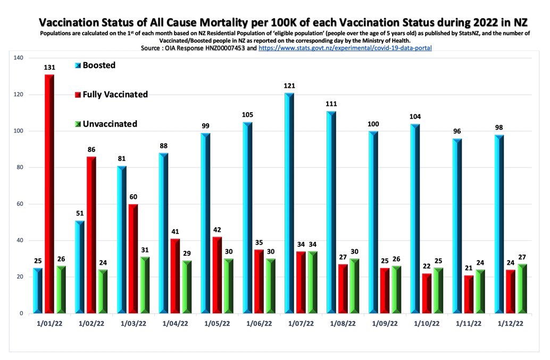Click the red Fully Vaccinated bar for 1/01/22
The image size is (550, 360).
[x=49, y=194]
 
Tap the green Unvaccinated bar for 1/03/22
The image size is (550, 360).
[x=145, y=285]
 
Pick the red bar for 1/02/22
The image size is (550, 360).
[x=91, y=235]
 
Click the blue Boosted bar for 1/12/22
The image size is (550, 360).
[x=498, y=224]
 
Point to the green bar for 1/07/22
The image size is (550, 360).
[x=312, y=282]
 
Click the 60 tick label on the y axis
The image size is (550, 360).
[x=20, y=204]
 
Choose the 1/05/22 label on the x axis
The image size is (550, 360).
[x=216, y=323]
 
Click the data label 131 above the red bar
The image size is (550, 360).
[x=49, y=68]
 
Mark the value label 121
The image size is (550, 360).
[x=289, y=86]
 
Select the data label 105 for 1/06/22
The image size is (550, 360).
[x=247, y=115]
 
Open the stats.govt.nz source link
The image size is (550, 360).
[x=345, y=48]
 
